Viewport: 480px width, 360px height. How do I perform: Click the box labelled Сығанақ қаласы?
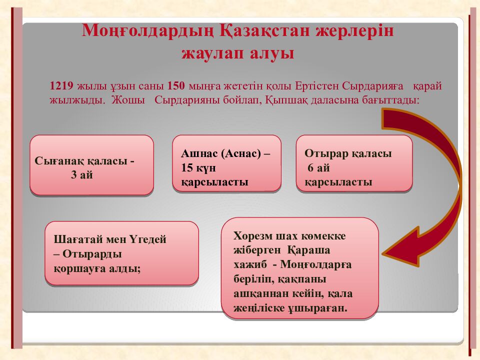91,164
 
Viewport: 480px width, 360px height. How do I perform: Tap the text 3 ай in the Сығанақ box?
82,175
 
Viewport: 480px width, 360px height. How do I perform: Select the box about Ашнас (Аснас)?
226,163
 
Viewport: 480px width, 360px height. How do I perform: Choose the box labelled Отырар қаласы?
354,163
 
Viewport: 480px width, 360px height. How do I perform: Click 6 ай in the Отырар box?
318,168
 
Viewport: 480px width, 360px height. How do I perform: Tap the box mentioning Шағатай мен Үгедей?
121,253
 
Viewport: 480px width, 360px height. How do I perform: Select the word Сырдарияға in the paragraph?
372,85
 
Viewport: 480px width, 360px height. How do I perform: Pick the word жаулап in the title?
209,53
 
